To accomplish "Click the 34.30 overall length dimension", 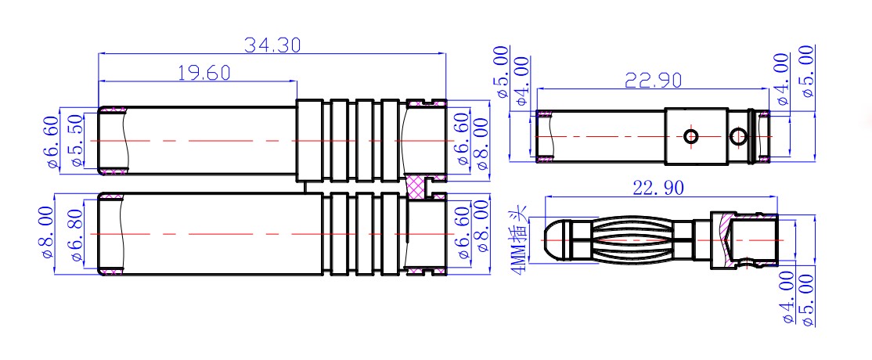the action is point(272,45).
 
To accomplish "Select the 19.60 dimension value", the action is point(204,72).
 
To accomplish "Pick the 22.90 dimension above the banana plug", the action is point(658,188).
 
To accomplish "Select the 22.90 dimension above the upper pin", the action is point(653,81).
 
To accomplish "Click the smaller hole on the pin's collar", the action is point(691,135).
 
